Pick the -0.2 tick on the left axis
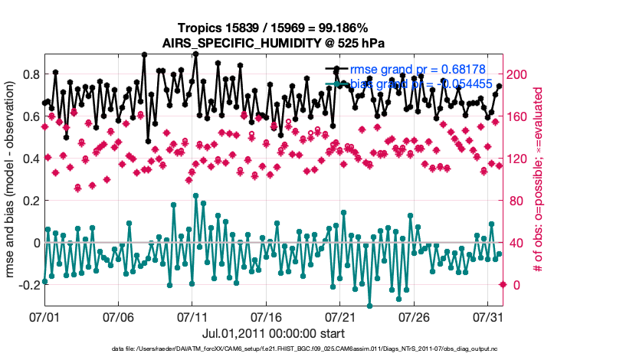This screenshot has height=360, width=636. point(28,285)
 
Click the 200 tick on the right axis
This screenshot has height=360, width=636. point(519,74)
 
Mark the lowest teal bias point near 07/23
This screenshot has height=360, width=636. point(369,306)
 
